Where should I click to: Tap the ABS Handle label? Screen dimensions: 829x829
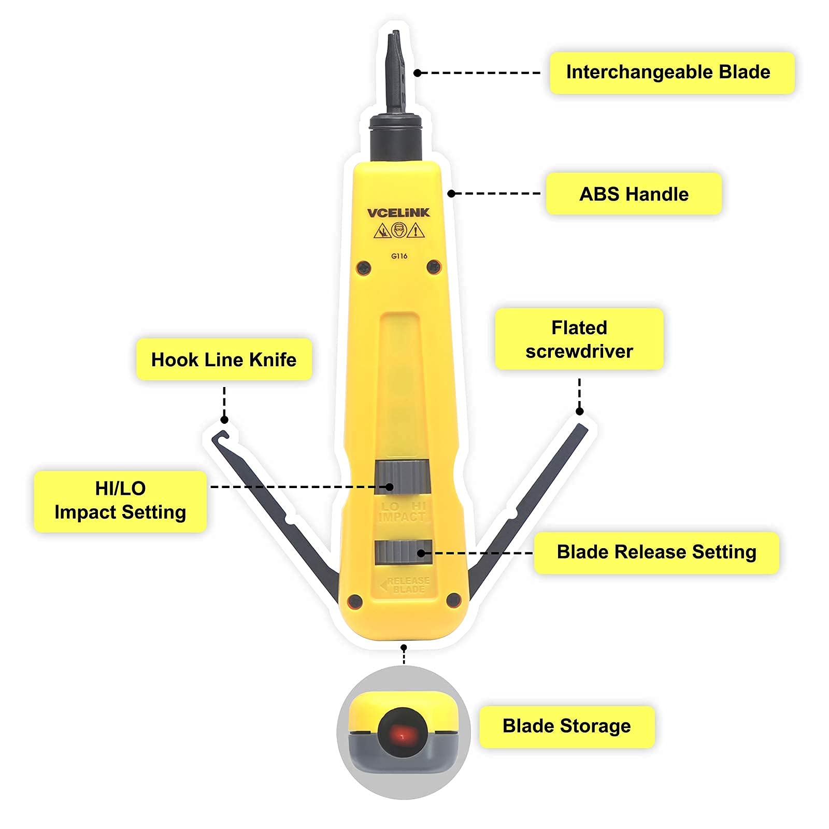point(633,194)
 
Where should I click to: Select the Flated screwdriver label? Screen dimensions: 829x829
point(579,339)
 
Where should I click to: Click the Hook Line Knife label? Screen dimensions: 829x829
point(224,360)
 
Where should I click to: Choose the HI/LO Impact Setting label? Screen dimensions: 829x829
point(120,501)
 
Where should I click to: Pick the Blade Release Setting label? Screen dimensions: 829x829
point(656,552)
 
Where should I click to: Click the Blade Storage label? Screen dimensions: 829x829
point(566,726)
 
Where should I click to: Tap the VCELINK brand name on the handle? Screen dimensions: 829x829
point(398,212)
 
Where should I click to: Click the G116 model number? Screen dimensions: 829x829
point(399,256)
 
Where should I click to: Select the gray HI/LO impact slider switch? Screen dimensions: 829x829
point(403,477)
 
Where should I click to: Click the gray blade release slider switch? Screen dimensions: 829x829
point(403,552)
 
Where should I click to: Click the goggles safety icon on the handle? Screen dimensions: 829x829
point(398,230)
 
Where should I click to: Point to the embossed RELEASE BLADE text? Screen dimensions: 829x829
point(407,585)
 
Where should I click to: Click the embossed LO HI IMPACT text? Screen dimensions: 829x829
point(403,512)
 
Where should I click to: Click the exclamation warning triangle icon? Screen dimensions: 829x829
point(416,231)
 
